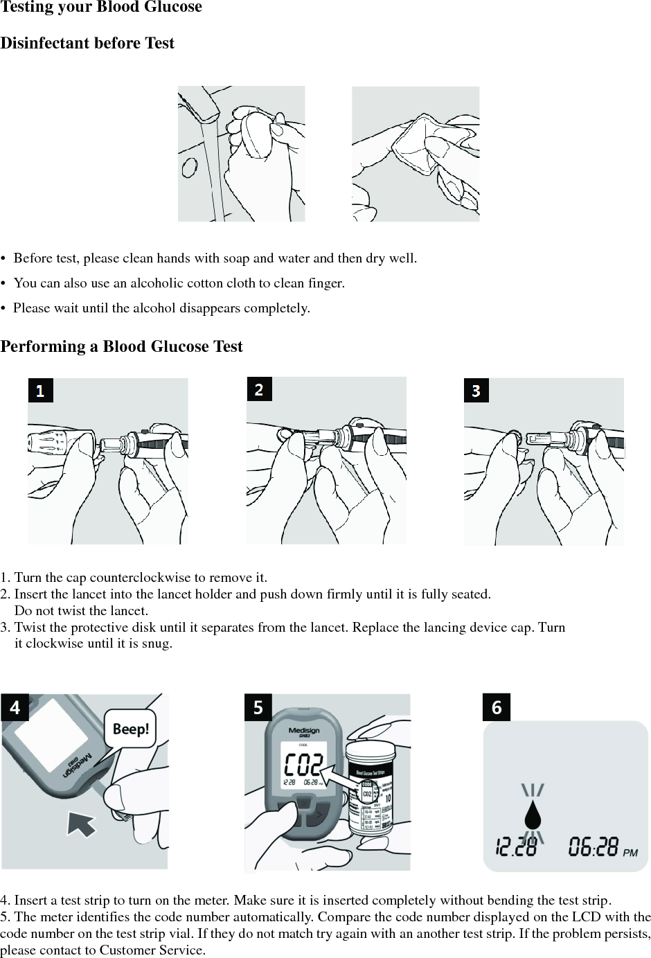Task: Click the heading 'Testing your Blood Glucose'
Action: pyautogui.click(x=101, y=8)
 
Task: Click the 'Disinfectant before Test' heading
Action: pyautogui.click(x=87, y=44)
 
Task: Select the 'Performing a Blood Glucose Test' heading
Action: pyautogui.click(x=121, y=346)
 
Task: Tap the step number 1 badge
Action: pyautogui.click(x=40, y=391)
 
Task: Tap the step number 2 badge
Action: pyautogui.click(x=259, y=389)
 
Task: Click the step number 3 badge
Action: pyautogui.click(x=476, y=391)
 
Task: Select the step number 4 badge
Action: pyautogui.click(x=15, y=708)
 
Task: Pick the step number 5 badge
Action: pyautogui.click(x=258, y=707)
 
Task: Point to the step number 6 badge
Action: pyautogui.click(x=496, y=708)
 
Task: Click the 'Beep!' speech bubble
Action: pyautogui.click(x=130, y=729)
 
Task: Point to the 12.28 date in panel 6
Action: pyautogui.click(x=515, y=846)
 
